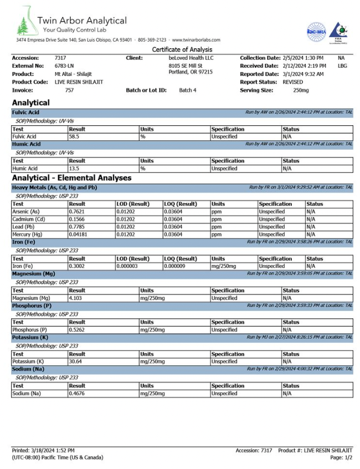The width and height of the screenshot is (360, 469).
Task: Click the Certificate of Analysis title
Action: point(182,49)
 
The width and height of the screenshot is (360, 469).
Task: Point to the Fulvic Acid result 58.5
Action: point(74,136)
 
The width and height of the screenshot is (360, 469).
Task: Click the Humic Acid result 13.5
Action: point(74,168)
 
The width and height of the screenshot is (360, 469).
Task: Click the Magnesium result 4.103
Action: point(75,298)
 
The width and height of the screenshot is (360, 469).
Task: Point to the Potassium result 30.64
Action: point(75,361)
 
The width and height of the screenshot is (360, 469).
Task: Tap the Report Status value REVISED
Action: point(292,81)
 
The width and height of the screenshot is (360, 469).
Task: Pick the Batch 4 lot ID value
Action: point(188,90)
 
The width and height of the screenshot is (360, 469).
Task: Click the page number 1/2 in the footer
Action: point(347,457)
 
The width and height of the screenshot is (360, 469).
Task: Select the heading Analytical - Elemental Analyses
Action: point(71,178)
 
